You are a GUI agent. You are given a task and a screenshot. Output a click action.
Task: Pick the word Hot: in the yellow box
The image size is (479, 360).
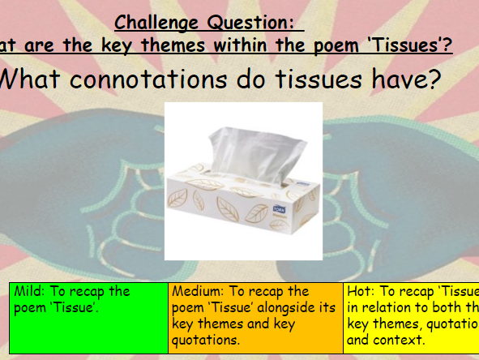(x=361, y=291)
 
